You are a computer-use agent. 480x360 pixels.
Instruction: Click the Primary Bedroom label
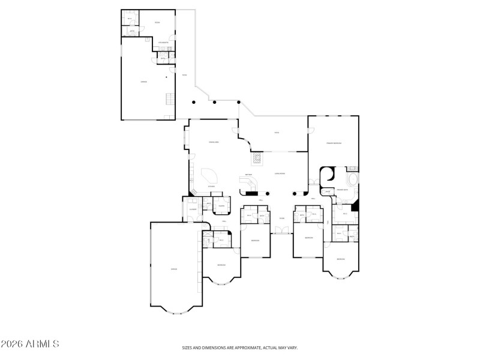tap(334, 143)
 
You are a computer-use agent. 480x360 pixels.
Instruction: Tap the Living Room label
tap(280, 173)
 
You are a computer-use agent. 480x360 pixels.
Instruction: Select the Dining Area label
tap(212, 142)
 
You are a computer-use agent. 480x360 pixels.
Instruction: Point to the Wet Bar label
tap(248, 175)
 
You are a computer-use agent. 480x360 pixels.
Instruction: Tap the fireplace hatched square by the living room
tap(257, 158)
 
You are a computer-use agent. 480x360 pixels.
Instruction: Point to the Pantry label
tap(221, 206)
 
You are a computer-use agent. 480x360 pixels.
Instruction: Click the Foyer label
tap(281, 218)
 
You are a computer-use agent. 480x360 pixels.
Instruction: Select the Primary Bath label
tap(342, 189)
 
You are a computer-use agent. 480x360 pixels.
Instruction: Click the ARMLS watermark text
tap(30, 344)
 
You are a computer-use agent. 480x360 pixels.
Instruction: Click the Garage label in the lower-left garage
tap(174, 269)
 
